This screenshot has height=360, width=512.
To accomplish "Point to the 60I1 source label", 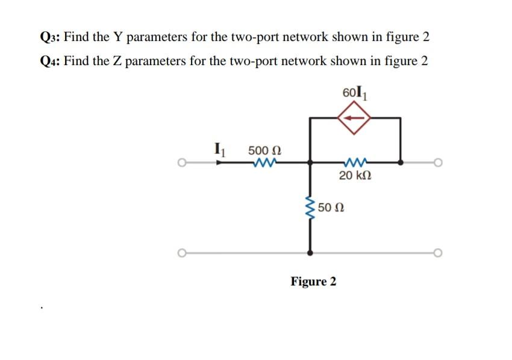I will (354, 93).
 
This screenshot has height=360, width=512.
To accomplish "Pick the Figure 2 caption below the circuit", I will (314, 281).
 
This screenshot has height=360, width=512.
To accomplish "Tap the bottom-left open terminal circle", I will (181, 252).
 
